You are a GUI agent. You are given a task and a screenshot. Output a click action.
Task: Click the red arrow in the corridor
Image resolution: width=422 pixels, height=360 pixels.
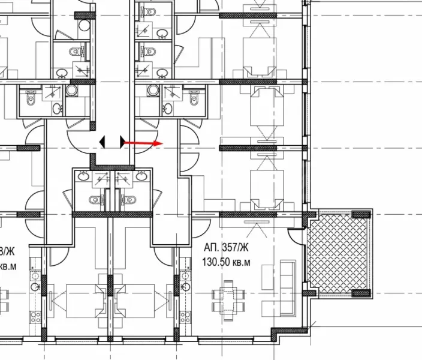coord(144,143)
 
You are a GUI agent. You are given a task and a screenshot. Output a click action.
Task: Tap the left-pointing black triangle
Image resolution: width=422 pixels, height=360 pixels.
coord(102,142)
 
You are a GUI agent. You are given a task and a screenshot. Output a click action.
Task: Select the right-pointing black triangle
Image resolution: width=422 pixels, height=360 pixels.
coord(123,142)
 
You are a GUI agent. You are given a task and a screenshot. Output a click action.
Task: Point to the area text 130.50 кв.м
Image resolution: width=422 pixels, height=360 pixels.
coord(223,262)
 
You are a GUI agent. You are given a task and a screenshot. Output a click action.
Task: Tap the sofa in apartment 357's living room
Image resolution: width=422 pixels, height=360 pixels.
coord(288,287)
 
